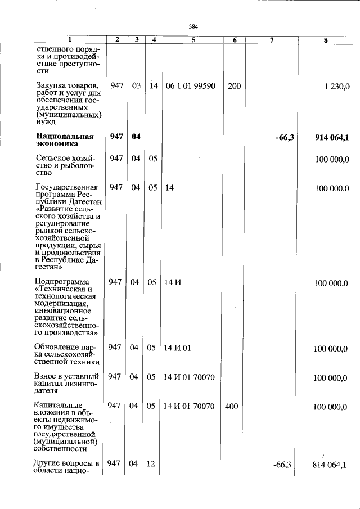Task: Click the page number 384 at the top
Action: pyautogui.click(x=193, y=27)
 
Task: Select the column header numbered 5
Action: pyautogui.click(x=193, y=40)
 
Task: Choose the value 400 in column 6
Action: pyautogui.click(x=232, y=406)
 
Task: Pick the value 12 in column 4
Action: pyautogui.click(x=151, y=465)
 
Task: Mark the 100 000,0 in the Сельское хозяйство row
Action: pyautogui.click(x=332, y=159)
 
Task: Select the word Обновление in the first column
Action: pyautogui.click(x=57, y=348)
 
